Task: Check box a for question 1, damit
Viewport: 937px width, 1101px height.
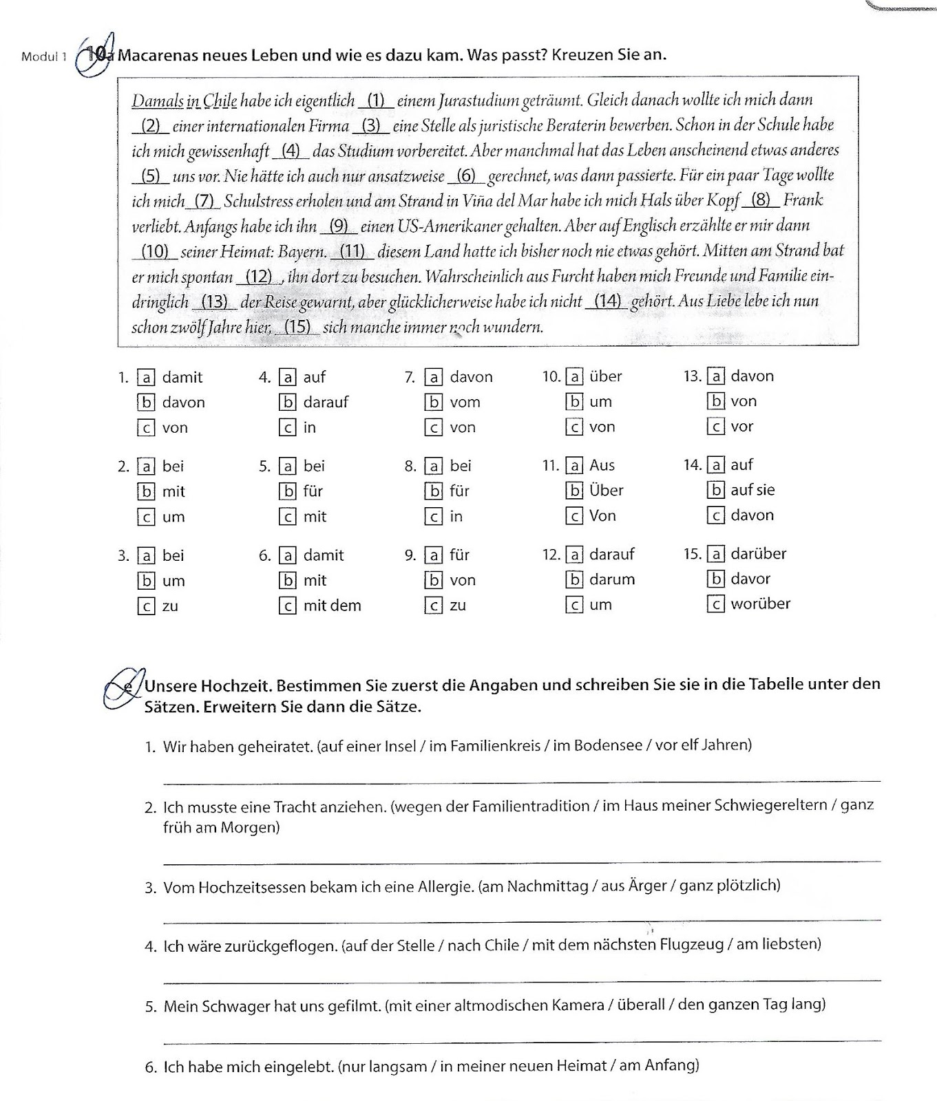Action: coord(146,377)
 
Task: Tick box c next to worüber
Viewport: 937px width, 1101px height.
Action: coord(716,604)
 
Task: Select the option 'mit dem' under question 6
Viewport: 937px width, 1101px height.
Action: coord(332,606)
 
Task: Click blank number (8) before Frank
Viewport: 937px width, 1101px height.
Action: coord(761,200)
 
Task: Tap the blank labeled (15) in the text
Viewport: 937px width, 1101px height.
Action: coord(297,327)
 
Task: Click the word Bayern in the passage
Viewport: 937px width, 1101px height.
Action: coord(302,251)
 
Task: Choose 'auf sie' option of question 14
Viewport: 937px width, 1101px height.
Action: coord(752,490)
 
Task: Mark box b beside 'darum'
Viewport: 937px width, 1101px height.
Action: coord(575,579)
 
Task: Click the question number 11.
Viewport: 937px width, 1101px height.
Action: coord(550,466)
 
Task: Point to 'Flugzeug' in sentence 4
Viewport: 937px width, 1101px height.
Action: coord(694,945)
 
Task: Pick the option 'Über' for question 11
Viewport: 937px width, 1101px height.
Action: coord(606,491)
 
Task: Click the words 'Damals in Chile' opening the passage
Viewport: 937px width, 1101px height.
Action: coord(184,100)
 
